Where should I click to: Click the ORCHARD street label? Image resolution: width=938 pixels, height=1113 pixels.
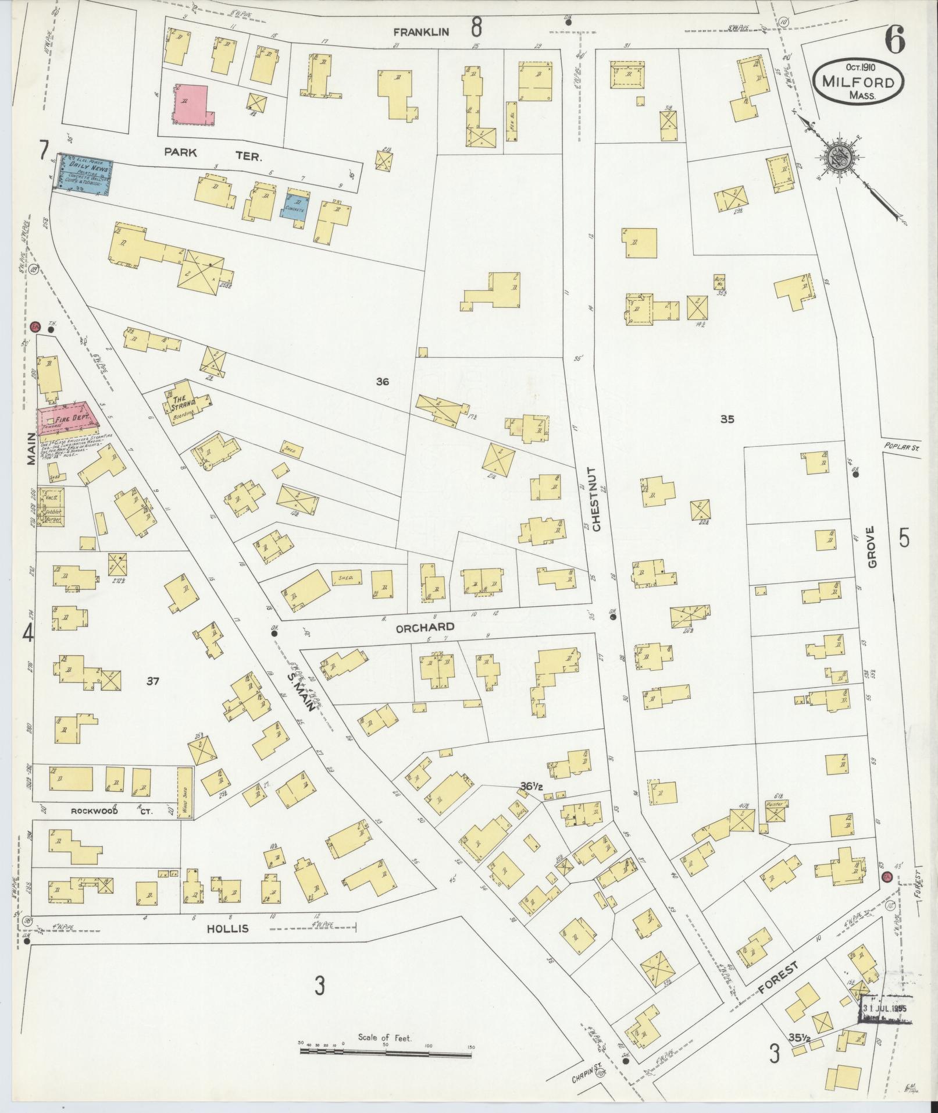pos(425,627)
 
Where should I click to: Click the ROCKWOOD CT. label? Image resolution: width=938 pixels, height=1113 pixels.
pos(110,811)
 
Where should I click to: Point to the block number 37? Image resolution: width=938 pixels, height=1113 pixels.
pos(153,681)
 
